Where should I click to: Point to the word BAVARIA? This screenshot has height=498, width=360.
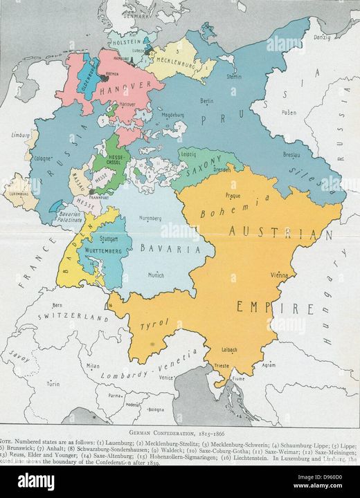166,248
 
